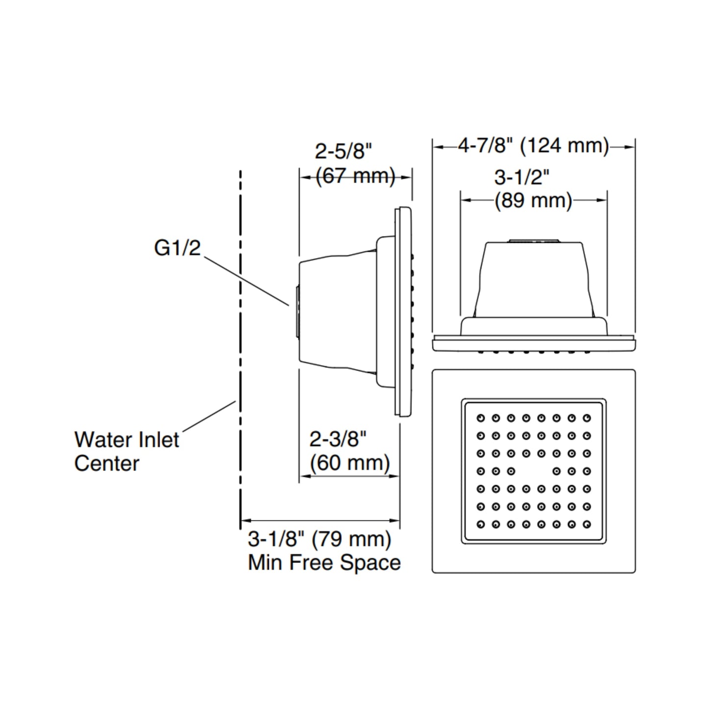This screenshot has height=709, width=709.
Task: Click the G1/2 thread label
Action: tap(177, 248)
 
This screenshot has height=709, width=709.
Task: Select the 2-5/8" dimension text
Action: tap(343, 151)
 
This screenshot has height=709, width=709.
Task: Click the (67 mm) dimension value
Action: tap(355, 176)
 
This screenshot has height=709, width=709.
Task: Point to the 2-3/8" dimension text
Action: tap(338, 439)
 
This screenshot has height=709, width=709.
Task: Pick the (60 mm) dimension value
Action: tap(350, 462)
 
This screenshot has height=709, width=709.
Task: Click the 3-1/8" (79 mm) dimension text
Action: tap(319, 539)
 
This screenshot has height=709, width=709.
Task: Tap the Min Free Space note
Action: tap(324, 562)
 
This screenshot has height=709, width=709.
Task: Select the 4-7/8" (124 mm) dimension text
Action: tap(533, 146)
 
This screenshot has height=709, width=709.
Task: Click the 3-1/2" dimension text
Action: tap(522, 177)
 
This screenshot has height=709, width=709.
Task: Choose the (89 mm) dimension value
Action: tap(533, 201)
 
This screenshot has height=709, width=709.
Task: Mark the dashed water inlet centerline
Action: tap(240, 343)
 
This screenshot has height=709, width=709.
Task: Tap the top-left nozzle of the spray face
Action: tap(480, 418)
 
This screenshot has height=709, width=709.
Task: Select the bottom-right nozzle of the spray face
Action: tap(587, 525)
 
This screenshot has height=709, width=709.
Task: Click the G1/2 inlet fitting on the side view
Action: tap(296, 312)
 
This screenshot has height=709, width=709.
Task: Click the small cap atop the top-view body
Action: tap(533, 240)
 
